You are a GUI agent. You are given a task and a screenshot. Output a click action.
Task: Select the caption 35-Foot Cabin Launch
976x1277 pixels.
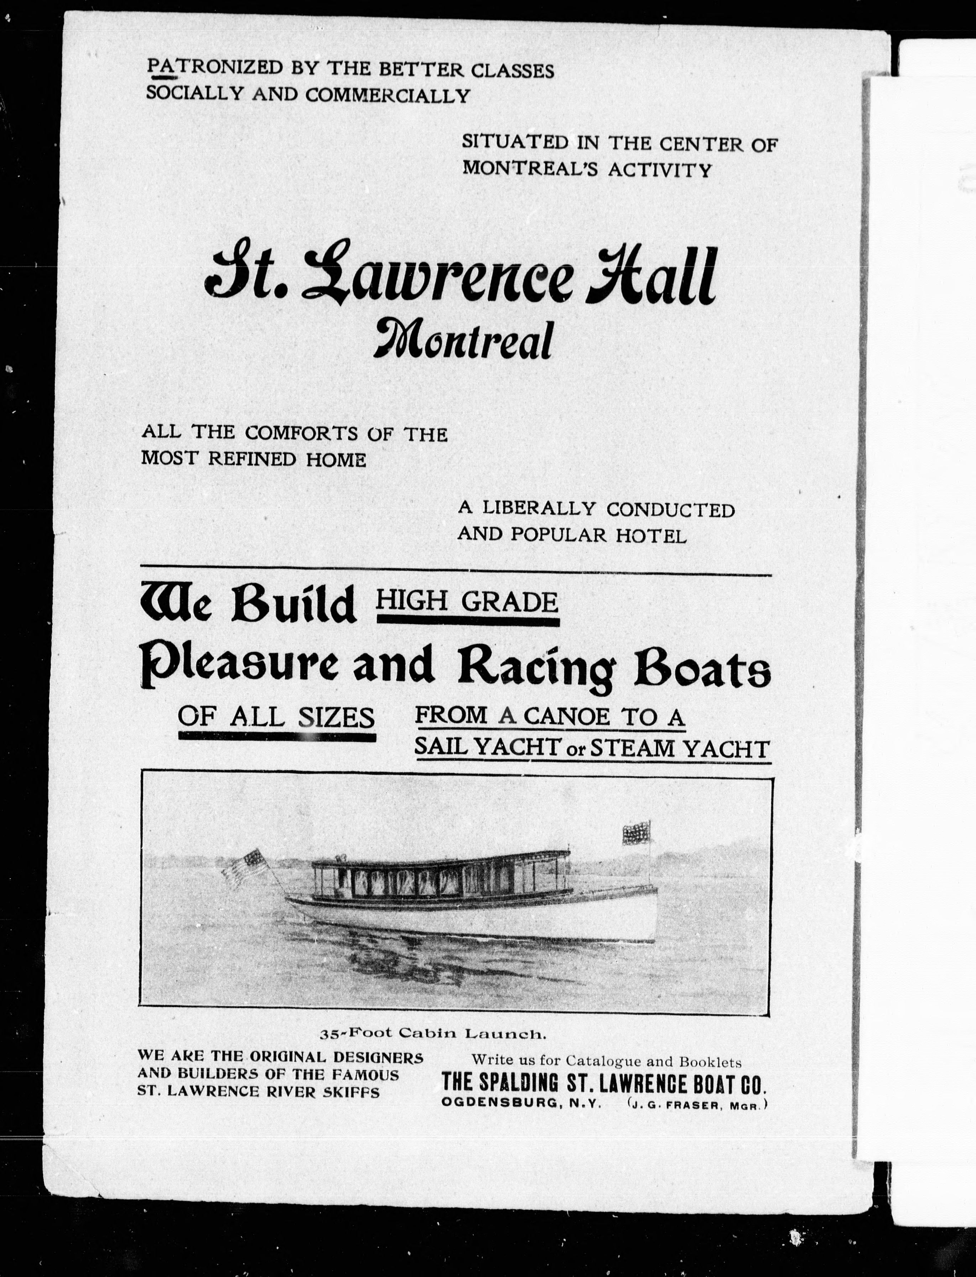click(x=433, y=1034)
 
